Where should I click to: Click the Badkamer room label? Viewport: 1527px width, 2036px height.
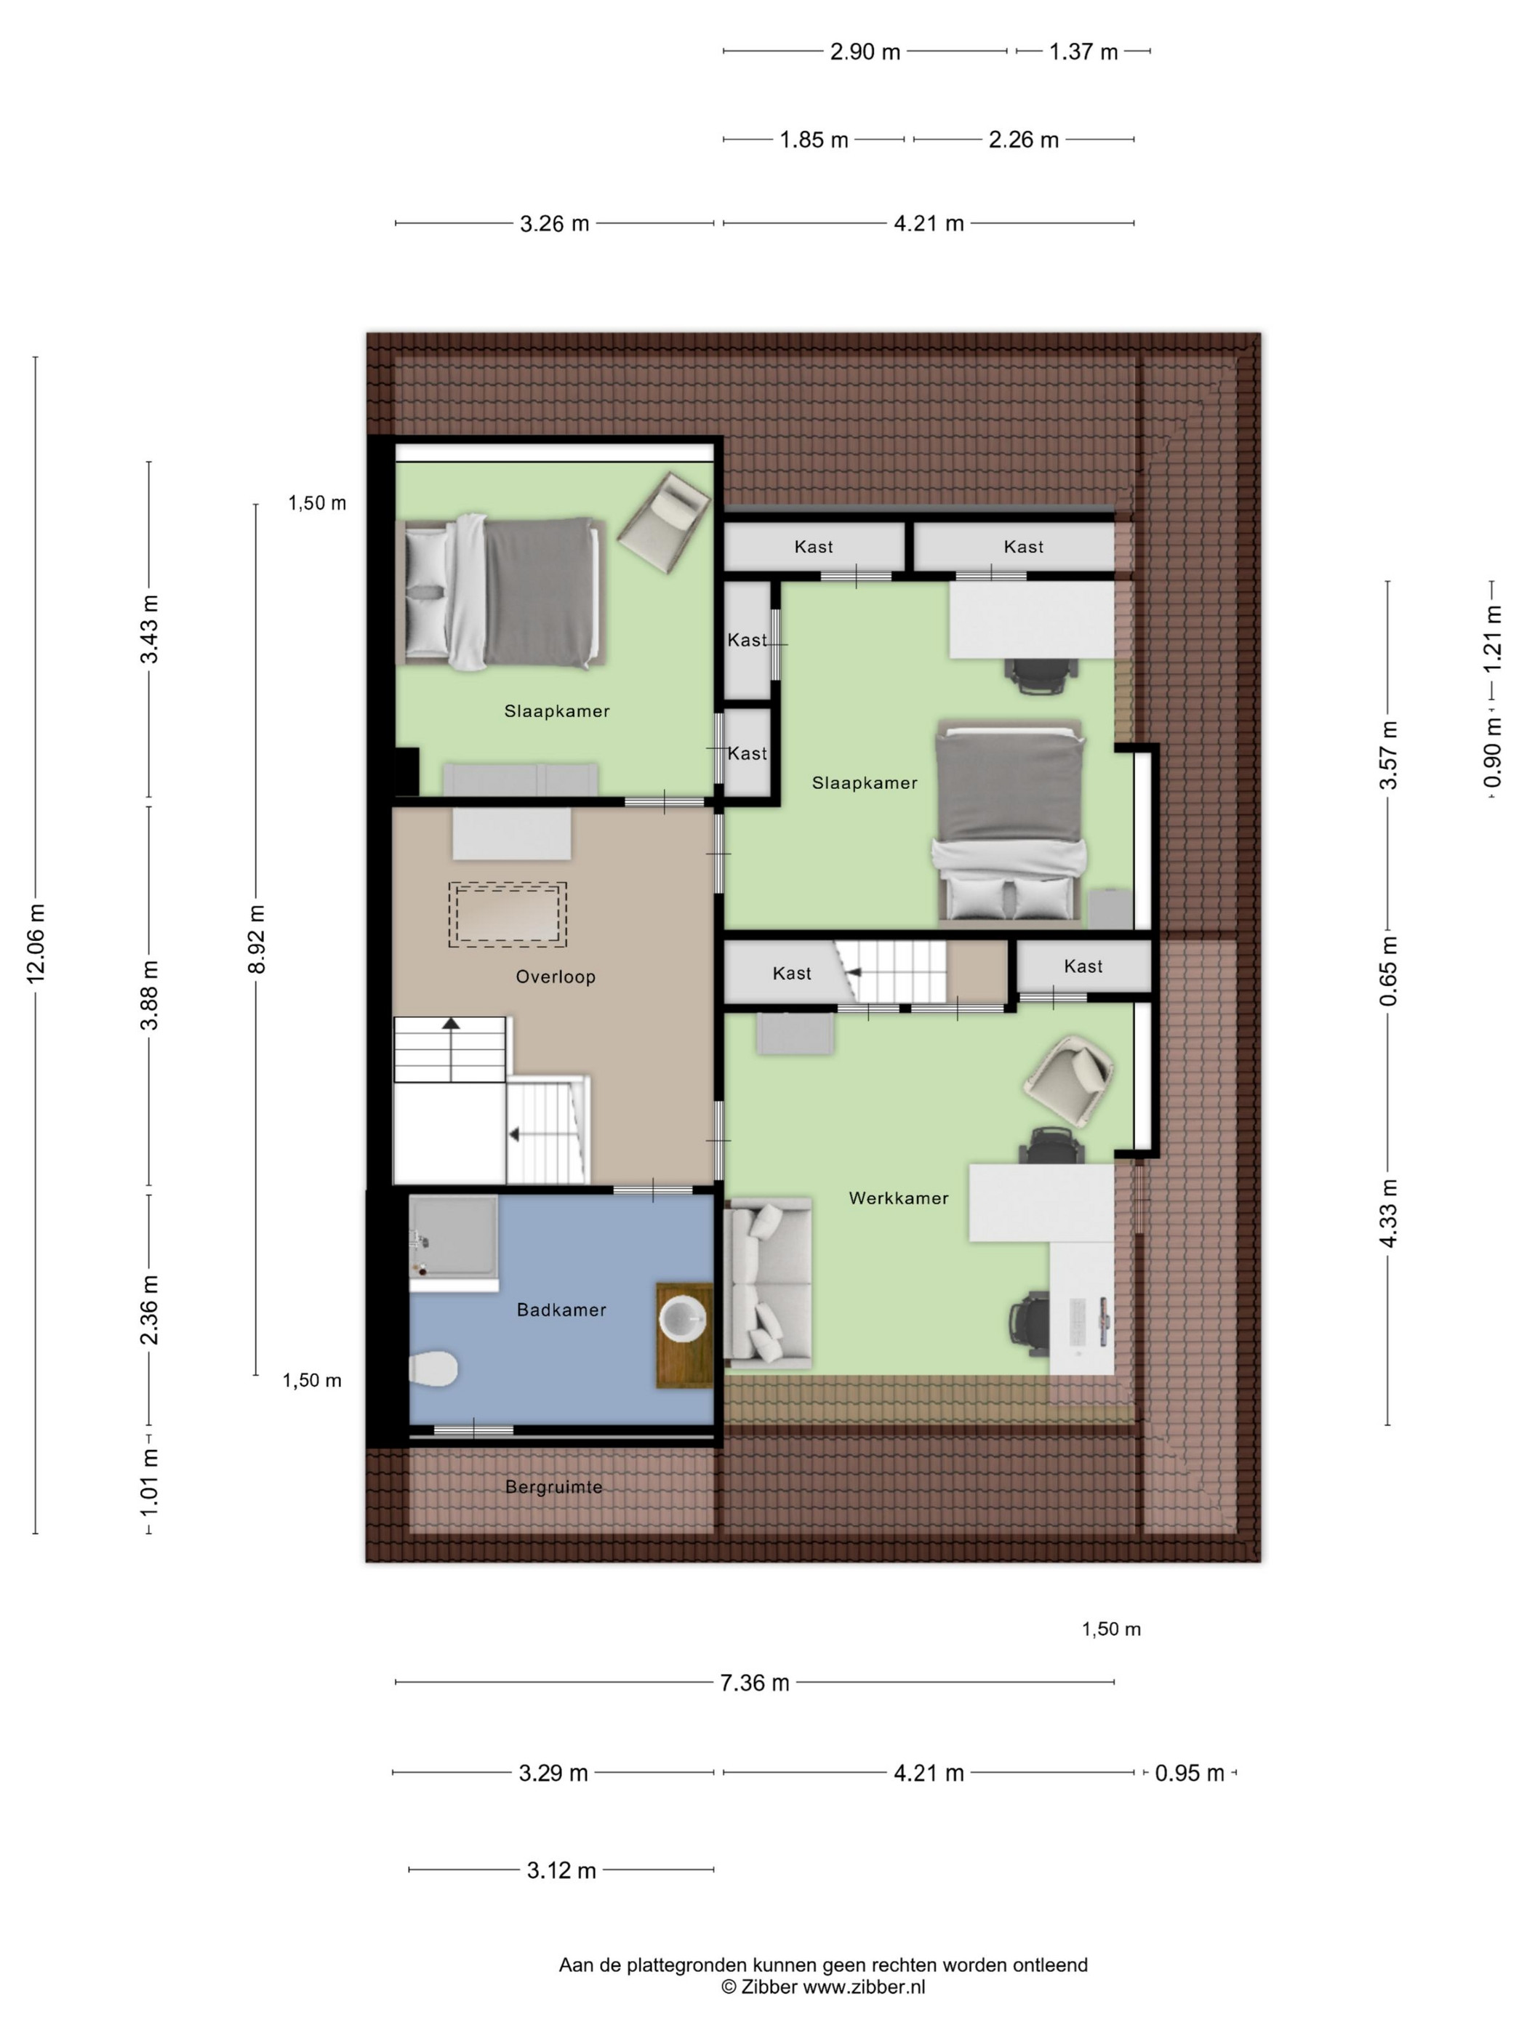(x=561, y=1310)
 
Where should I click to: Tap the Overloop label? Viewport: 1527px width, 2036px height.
(x=555, y=977)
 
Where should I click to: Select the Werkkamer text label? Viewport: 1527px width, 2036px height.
(x=898, y=1198)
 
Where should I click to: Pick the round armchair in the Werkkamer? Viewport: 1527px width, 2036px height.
(x=1070, y=1080)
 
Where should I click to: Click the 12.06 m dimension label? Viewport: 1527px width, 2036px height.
(x=36, y=943)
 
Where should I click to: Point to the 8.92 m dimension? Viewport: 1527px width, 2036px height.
(x=256, y=939)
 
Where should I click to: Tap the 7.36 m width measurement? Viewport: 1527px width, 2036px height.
(x=755, y=1683)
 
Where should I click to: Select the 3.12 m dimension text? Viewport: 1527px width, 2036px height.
(x=561, y=1870)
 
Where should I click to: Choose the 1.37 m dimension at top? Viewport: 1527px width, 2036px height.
(x=1083, y=52)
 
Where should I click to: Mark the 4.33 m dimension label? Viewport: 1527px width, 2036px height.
(x=1388, y=1213)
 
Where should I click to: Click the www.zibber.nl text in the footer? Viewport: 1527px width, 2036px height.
(x=865, y=1987)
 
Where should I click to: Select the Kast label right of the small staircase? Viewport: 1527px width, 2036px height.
(x=1083, y=966)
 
